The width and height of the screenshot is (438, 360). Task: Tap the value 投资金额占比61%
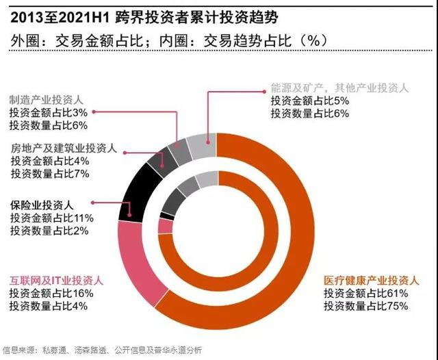pos(366,293)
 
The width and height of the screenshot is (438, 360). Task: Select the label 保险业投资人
pos(42,205)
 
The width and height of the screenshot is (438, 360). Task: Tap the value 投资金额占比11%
pos(51,217)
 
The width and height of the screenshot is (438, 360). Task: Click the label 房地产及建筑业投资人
pos(64,149)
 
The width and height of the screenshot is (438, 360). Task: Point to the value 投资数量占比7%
pos(51,174)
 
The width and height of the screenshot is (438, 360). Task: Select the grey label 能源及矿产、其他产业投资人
pos(338,88)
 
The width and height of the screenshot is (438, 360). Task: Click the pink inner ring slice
pos(165,227)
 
